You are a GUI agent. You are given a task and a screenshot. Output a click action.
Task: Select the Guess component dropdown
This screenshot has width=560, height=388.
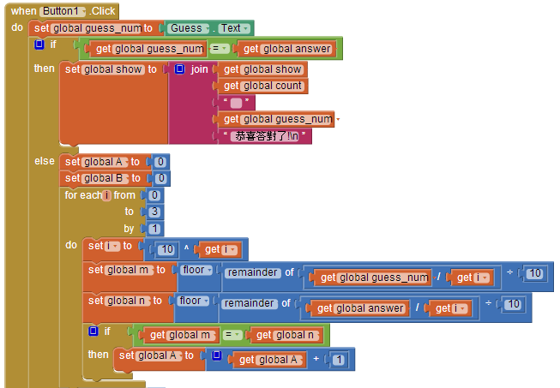pyautogui.click(x=190, y=28)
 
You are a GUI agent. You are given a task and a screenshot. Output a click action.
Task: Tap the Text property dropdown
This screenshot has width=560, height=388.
pyautogui.click(x=234, y=28)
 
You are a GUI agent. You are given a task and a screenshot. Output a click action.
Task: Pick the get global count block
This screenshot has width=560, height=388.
pyautogui.click(x=262, y=86)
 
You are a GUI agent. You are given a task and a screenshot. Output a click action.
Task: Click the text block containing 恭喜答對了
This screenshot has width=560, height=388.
pyautogui.click(x=266, y=136)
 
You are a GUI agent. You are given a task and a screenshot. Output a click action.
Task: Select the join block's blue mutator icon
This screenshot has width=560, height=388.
pyautogui.click(x=179, y=69)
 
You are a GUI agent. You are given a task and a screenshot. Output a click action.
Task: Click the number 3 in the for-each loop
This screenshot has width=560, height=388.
pyautogui.click(x=154, y=212)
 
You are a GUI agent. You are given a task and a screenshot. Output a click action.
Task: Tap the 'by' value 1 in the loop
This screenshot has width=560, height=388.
pyautogui.click(x=154, y=229)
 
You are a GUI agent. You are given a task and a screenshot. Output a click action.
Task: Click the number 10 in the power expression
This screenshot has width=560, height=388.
pyautogui.click(x=167, y=249)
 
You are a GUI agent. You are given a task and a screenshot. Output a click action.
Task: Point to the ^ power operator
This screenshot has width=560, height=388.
pyautogui.click(x=186, y=248)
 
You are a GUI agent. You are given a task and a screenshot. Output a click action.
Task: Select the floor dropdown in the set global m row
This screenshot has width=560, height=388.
pyautogui.click(x=196, y=271)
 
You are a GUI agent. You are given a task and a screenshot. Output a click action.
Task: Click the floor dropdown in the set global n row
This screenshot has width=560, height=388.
pyautogui.click(x=193, y=301)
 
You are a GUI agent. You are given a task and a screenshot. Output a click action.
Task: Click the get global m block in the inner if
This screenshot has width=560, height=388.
pyautogui.click(x=179, y=335)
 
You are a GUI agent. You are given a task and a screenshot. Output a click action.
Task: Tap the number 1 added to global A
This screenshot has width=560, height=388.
pyautogui.click(x=339, y=360)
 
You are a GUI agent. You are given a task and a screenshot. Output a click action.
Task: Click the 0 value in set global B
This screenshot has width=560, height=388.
pyautogui.click(x=161, y=178)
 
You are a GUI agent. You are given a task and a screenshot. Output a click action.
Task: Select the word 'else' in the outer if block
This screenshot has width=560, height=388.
pyautogui.click(x=45, y=161)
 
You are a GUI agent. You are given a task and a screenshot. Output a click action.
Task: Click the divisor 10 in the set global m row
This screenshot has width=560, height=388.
pyautogui.click(x=534, y=273)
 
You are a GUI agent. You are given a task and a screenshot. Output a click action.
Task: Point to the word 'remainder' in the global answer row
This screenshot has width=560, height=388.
pyautogui.click(x=249, y=303)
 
